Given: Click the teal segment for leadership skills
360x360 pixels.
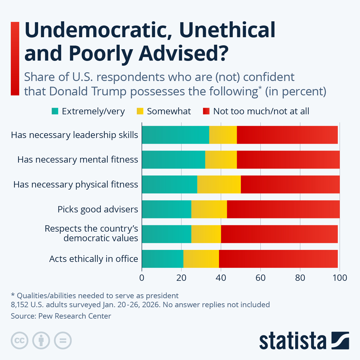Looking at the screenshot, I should [175, 135].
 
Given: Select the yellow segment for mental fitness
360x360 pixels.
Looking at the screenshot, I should [221, 160].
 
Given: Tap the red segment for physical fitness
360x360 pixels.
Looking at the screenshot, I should [290, 184].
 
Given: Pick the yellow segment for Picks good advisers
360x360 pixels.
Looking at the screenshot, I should [209, 209].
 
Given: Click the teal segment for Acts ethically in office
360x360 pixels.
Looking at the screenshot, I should [162, 259].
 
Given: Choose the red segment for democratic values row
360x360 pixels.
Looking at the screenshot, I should [279, 234].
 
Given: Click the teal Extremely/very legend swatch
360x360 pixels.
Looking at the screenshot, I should [55, 111].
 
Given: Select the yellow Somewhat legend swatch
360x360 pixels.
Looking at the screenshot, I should [140, 111].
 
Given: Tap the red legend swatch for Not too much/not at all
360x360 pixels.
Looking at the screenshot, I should [206, 111].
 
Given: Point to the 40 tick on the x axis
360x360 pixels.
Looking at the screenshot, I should [221, 278].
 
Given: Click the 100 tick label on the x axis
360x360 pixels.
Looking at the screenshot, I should [340, 278].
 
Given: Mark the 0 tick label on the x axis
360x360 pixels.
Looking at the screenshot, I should [142, 278].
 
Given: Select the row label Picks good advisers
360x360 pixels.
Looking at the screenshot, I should [98, 209].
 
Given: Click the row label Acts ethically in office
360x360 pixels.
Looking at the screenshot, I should [94, 259].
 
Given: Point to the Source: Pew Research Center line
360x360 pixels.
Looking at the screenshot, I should [61, 316].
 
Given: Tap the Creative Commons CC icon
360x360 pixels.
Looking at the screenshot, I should [19, 340].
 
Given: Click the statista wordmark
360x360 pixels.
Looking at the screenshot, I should [292, 341].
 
